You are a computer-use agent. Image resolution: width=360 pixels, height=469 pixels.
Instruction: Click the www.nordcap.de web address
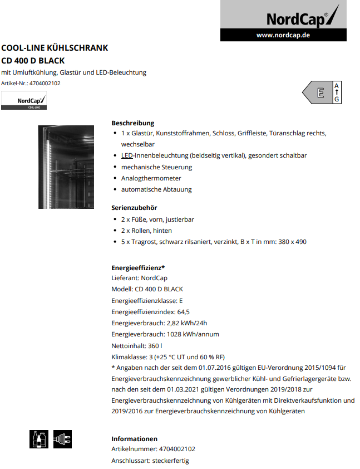[283, 35]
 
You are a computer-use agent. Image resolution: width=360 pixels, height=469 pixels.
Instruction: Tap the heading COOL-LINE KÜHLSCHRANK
[55, 48]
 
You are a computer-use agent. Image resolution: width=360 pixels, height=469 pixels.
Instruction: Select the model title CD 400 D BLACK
[33, 60]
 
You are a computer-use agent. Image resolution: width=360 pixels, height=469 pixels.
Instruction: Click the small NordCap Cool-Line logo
[23, 101]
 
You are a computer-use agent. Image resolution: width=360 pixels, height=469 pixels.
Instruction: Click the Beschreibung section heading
[132, 123]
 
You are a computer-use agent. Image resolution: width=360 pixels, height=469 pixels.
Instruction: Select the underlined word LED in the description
[126, 156]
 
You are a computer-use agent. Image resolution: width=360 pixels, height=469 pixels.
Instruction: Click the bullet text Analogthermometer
[151, 178]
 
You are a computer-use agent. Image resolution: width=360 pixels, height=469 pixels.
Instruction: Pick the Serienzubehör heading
[134, 208]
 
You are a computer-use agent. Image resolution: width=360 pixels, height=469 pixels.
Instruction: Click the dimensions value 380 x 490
[293, 242]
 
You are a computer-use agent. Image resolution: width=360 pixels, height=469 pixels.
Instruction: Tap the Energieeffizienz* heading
[138, 267]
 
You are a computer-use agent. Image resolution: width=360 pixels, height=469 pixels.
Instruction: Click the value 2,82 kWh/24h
[187, 323]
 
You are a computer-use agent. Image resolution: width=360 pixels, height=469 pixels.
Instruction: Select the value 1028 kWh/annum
[193, 334]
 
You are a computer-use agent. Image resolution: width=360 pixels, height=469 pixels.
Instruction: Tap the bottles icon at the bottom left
[38, 439]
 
